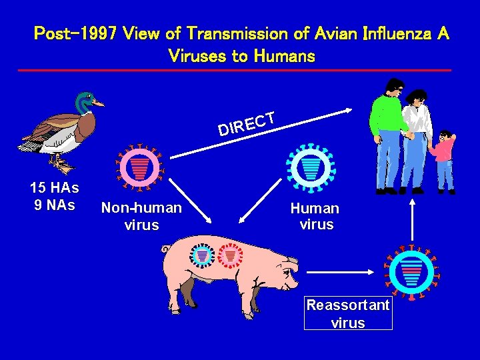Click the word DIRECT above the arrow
(247, 123)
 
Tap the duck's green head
(85, 101)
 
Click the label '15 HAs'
(55, 188)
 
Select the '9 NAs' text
(55, 205)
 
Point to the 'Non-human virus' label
(141, 216)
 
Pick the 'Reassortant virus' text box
(348, 314)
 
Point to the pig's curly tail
(165, 249)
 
